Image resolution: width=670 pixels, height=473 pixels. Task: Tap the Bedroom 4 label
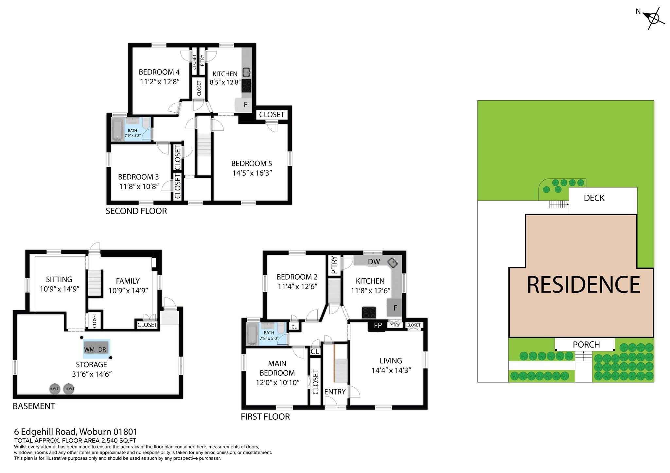[159, 72]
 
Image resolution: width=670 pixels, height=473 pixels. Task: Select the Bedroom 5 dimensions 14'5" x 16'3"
[252, 173]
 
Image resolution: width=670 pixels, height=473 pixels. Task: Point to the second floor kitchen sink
[246, 72]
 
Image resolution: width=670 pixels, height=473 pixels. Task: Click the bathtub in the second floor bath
[117, 129]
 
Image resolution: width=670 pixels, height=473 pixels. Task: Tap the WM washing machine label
[89, 350]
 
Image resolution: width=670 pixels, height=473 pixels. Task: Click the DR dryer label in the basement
[102, 350]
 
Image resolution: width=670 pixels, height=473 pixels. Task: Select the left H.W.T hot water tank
[54, 389]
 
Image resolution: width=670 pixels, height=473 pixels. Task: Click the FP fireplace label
[378, 325]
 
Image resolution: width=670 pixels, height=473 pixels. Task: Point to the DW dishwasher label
[374, 262]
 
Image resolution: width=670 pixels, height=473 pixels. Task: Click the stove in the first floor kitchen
[369, 313]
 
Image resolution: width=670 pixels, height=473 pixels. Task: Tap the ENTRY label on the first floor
[335, 392]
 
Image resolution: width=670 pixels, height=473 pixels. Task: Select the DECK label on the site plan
[594, 198]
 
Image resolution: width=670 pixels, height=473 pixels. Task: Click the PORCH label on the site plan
[586, 345]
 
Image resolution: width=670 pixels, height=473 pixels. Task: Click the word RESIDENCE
[583, 285]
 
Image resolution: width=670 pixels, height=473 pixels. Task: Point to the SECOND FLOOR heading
[136, 211]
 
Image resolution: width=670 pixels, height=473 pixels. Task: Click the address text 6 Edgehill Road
[44, 432]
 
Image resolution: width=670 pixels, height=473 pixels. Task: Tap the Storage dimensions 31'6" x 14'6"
[92, 374]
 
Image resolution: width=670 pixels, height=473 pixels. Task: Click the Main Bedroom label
[277, 368]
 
